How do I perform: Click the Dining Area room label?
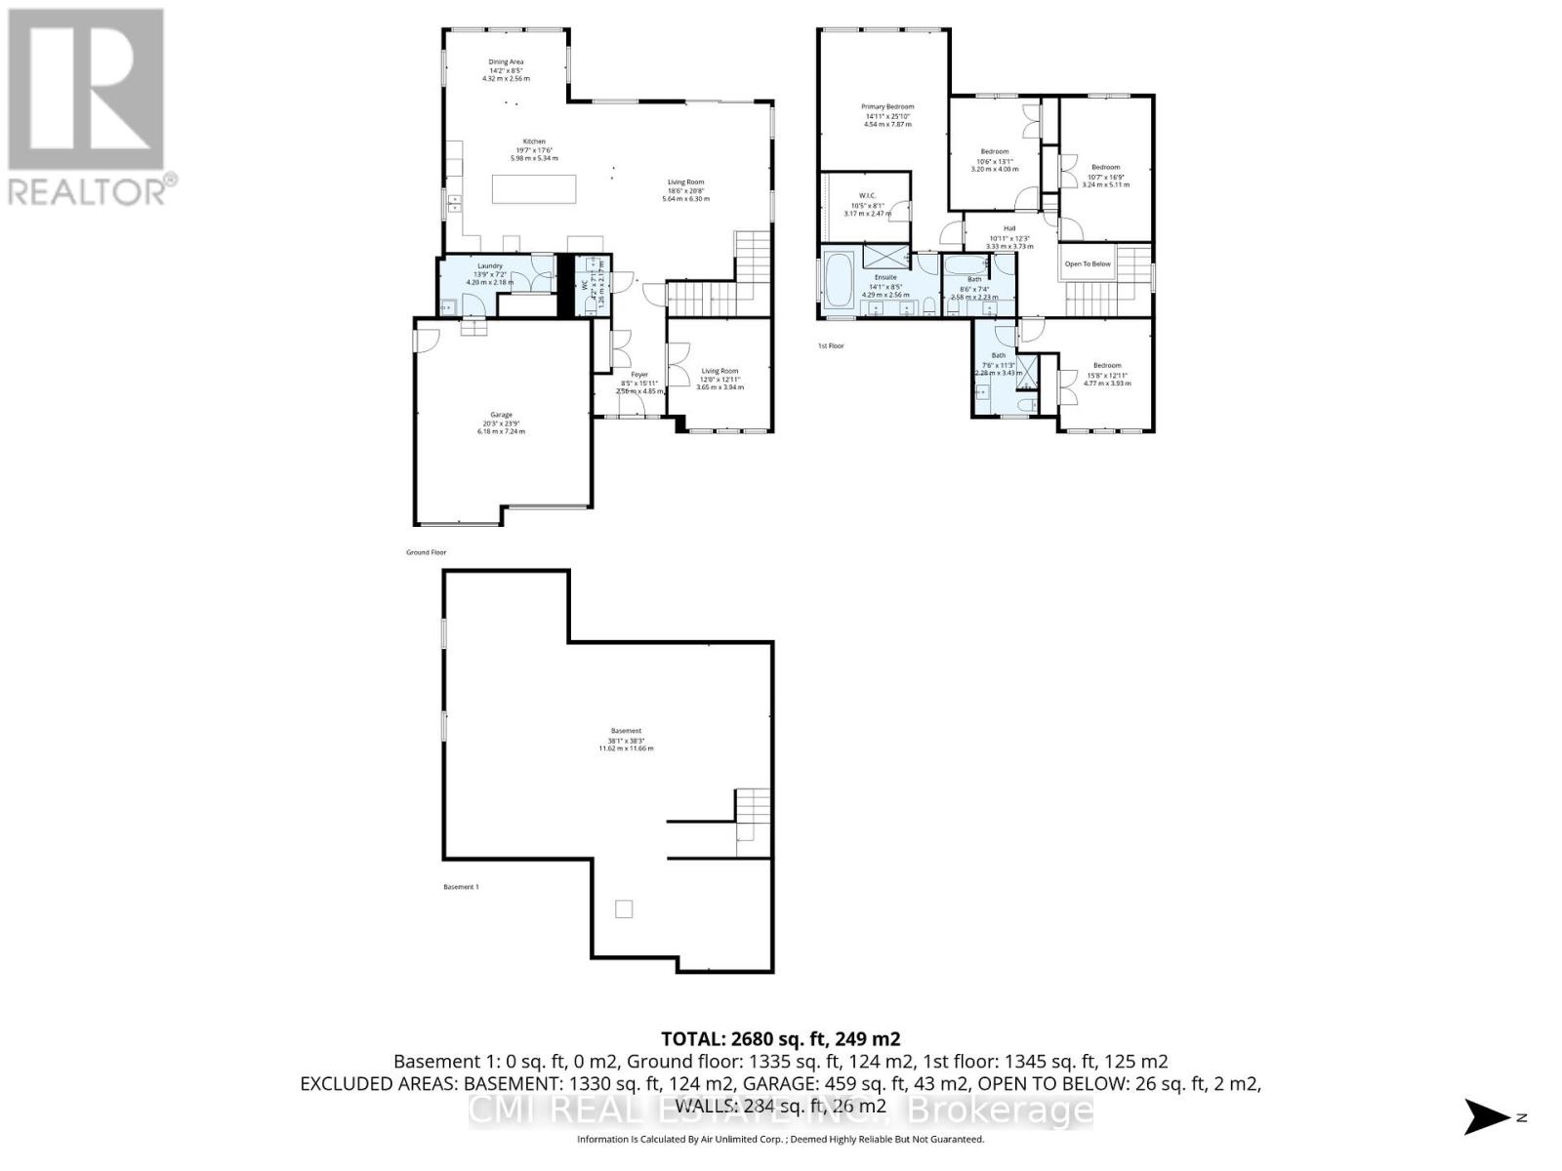point(506,62)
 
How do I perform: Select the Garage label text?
point(501,415)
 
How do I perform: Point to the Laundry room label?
point(490,266)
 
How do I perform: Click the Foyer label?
point(639,375)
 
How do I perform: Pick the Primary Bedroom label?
point(887,106)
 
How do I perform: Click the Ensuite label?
point(885,277)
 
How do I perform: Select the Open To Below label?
point(1087,264)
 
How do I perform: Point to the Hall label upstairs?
point(1009,228)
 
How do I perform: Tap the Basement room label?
point(626,731)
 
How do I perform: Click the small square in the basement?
point(624,909)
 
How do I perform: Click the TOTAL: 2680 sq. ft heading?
point(780,1038)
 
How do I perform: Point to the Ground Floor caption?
point(426,552)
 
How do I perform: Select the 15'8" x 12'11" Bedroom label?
point(1107,366)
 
